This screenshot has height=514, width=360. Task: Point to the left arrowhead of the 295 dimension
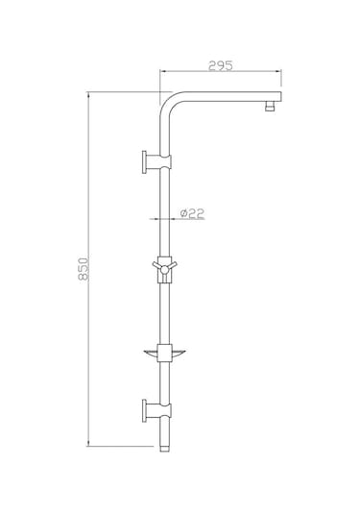pos(163,74)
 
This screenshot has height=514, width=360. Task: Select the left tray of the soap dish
pos(150,354)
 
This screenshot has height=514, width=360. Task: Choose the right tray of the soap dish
pos(182,355)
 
